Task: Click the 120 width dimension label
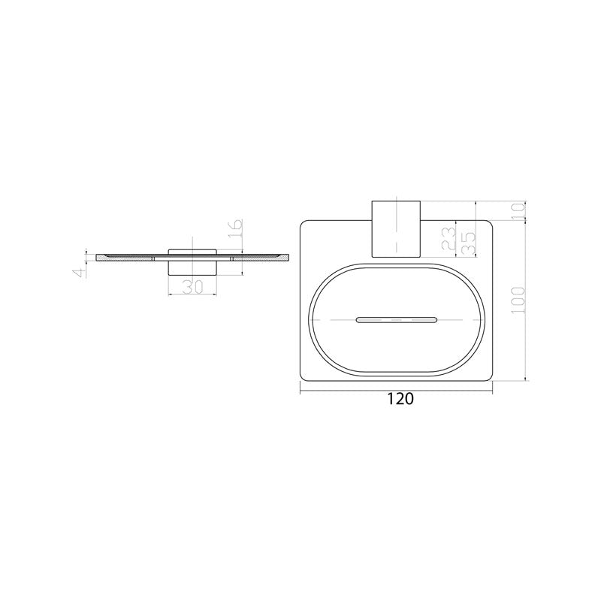click(400, 400)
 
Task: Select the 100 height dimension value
click(515, 301)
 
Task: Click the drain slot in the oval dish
click(396, 321)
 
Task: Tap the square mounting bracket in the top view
click(396, 229)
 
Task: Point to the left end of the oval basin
click(310, 321)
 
